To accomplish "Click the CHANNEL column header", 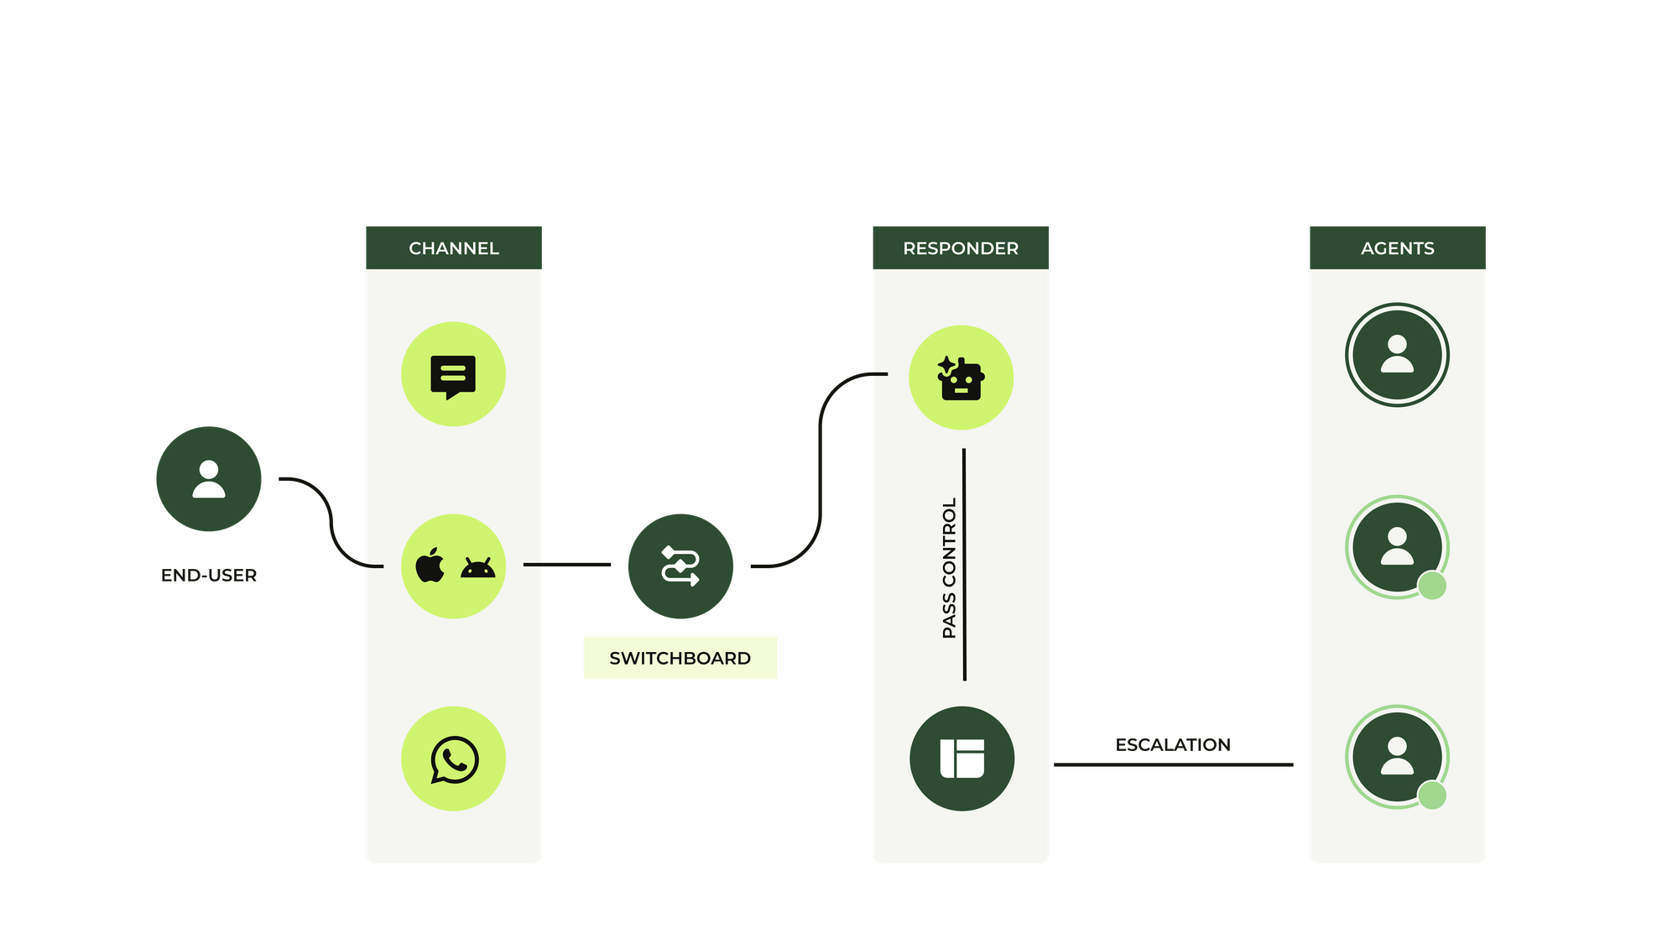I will tap(453, 248).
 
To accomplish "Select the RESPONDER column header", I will tap(961, 248).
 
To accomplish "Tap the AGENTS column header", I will tap(1397, 248).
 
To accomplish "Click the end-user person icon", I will tap(209, 479).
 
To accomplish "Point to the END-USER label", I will tap(209, 576).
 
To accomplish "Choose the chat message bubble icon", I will tap(453, 375).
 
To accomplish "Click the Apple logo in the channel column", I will tap(430, 566).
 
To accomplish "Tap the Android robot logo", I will tap(478, 568).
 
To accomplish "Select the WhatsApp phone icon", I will tap(454, 759).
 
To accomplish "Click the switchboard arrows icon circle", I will tap(680, 566).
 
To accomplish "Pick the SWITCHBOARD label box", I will tap(680, 658).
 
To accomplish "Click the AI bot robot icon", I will tap(961, 378).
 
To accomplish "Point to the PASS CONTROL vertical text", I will tap(949, 568).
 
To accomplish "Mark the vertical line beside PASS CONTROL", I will tap(964, 564).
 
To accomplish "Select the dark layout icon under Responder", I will tap(961, 759).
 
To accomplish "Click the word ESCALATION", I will tap(1173, 745).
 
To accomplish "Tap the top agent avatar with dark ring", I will tap(1397, 355).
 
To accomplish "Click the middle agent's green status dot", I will tap(1432, 586).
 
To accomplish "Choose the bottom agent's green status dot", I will tap(1432, 795).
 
